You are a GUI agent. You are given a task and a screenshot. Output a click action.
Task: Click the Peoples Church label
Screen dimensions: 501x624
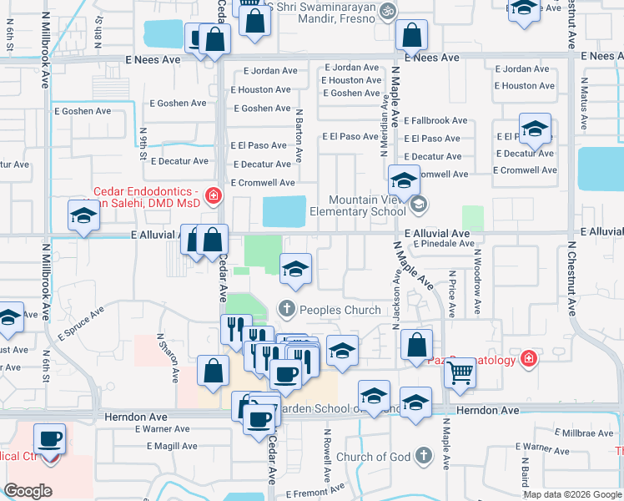pos(340,310)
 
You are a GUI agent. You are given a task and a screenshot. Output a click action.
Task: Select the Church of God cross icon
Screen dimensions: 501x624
pos(424,456)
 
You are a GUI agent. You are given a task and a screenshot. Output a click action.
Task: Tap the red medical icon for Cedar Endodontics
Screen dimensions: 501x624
pos(214,197)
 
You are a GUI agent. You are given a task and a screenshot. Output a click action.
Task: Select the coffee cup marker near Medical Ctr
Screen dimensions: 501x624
pos(50,439)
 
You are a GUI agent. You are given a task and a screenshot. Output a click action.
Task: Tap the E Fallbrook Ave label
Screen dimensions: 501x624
pos(436,121)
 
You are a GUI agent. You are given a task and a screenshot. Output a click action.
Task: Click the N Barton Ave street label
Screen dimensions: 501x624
pos(299,134)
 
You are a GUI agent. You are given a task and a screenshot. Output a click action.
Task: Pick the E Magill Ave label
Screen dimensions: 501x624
pos(176,446)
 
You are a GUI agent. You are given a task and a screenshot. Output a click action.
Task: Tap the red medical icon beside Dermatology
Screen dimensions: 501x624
pos(527,359)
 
